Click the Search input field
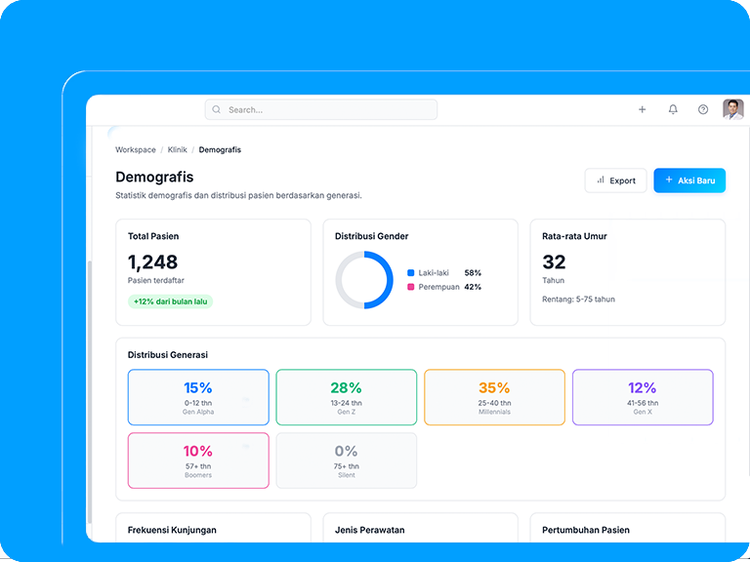tap(321, 110)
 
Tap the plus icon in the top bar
tap(642, 110)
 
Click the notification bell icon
tap(673, 110)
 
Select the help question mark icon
tap(703, 110)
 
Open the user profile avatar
tap(732, 109)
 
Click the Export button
tap(616, 181)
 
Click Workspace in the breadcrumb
tap(135, 150)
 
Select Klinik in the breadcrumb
tap(177, 150)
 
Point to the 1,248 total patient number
tap(153, 261)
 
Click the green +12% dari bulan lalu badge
tap(171, 301)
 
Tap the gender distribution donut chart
tap(364, 280)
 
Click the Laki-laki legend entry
tap(433, 273)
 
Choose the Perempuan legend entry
tap(437, 287)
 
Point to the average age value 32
tap(554, 261)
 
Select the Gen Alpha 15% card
tap(198, 397)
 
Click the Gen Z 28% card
tap(347, 397)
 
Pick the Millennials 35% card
tap(494, 397)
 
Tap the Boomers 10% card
tap(198, 461)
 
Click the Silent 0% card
tap(347, 461)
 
